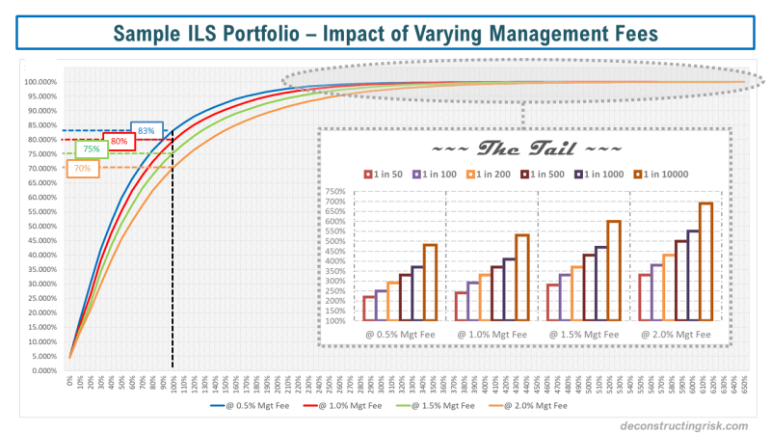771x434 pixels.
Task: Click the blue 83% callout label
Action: [146, 130]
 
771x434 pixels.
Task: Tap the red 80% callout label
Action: [119, 141]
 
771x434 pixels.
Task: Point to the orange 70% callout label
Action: [82, 169]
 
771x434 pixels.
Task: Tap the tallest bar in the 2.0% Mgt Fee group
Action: [705, 261]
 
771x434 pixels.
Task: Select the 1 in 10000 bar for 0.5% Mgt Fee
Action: [430, 282]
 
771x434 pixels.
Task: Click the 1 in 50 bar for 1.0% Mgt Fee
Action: [461, 306]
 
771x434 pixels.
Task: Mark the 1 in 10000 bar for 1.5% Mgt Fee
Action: [613, 270]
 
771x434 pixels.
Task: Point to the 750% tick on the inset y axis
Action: [334, 191]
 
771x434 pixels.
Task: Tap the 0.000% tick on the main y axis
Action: [46, 370]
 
